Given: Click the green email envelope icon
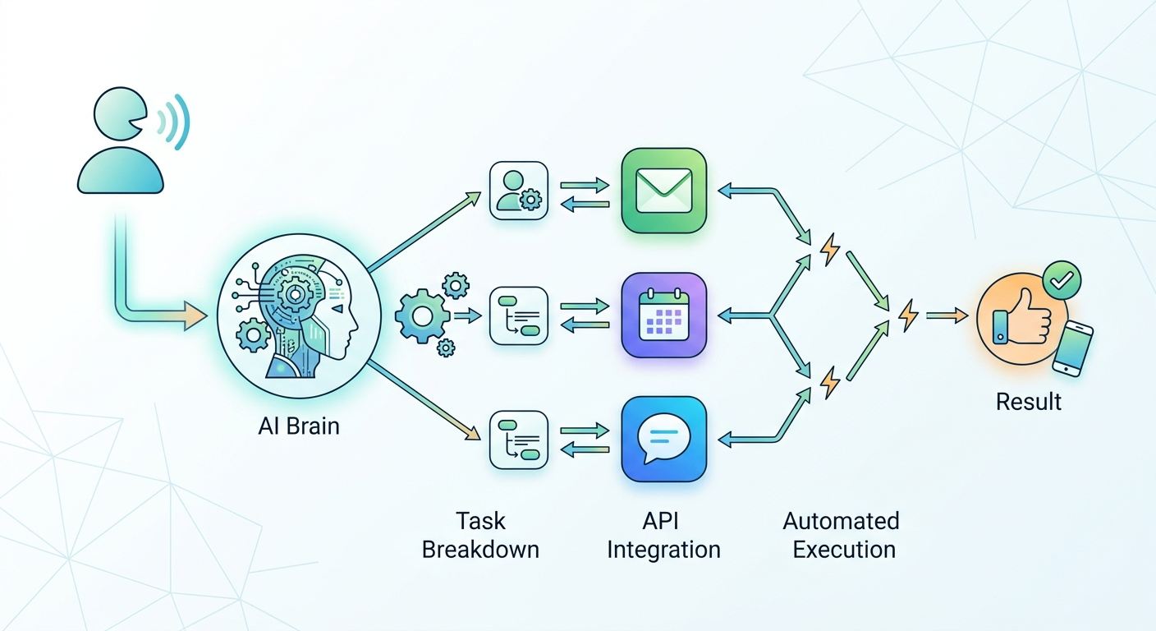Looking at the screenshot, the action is [663, 191].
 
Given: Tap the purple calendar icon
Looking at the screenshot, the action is [663, 315].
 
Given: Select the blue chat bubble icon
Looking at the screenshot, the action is [663, 439].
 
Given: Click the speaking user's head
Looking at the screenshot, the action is [120, 113].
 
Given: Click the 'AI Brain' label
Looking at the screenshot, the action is [299, 426].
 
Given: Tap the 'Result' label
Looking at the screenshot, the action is [1029, 402].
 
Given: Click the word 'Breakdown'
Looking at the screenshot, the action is [480, 550].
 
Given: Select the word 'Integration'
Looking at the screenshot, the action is [663, 550].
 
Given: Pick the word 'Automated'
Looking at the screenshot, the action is [842, 521].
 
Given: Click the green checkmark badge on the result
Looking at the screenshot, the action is [1062, 280].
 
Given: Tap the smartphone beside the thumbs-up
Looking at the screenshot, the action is [1072, 348].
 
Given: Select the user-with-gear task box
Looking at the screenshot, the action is [519, 191].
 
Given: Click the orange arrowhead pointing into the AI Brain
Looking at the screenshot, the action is [195, 316].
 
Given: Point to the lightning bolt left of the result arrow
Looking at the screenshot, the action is [908, 315].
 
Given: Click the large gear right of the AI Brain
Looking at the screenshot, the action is [422, 316].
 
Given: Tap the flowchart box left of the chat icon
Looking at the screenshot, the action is [519, 440].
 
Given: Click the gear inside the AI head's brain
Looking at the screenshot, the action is [295, 294].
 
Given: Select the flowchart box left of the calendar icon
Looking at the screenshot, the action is [519, 316].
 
